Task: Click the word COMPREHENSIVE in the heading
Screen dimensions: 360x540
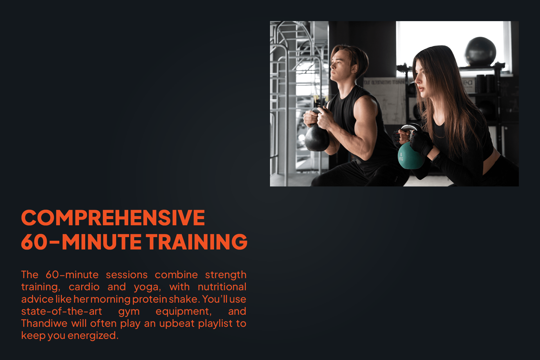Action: [x=113, y=218]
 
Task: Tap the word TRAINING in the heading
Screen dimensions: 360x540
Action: [x=197, y=242]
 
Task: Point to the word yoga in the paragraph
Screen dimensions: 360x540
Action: [x=147, y=287]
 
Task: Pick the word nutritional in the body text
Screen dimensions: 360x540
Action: [x=222, y=287]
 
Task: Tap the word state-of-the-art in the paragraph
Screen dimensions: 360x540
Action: [x=62, y=311]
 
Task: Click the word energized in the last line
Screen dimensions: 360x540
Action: [x=92, y=336]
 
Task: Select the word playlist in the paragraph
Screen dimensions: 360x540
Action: [x=215, y=323]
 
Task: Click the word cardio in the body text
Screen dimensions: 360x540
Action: [x=84, y=287]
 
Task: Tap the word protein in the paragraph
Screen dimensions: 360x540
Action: [x=150, y=299]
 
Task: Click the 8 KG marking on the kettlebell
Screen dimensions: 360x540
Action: [x=401, y=157]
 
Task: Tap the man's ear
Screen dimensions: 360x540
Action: [x=354, y=68]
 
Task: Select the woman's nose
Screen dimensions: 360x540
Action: [x=416, y=80]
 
